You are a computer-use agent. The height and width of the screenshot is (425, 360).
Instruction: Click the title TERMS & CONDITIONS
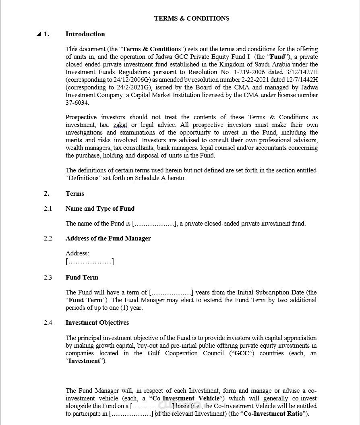[192, 18]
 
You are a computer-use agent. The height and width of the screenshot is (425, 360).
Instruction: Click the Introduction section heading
[85, 34]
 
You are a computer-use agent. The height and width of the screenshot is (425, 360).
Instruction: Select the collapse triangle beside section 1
[39, 34]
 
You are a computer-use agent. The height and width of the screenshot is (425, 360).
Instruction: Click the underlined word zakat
[120, 125]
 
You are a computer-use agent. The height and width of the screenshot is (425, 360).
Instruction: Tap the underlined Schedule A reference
[150, 178]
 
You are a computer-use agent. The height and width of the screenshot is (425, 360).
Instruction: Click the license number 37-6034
[78, 103]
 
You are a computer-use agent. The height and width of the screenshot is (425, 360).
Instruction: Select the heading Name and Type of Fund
[100, 209]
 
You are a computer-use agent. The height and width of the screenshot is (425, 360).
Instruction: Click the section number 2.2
[48, 238]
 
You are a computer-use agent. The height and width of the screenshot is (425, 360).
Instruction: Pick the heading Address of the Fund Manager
[108, 238]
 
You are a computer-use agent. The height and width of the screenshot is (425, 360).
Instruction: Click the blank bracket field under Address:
[90, 262]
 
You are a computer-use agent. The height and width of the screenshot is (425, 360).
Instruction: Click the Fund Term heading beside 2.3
[82, 278]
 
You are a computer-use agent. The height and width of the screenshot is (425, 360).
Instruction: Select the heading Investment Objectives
[97, 323]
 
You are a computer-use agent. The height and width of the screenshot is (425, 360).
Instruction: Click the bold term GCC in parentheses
[241, 353]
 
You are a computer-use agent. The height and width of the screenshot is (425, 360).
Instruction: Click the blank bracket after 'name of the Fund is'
[155, 224]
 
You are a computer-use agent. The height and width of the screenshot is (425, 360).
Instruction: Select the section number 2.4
[48, 323]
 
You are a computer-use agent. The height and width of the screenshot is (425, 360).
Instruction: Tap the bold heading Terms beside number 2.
[75, 194]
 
